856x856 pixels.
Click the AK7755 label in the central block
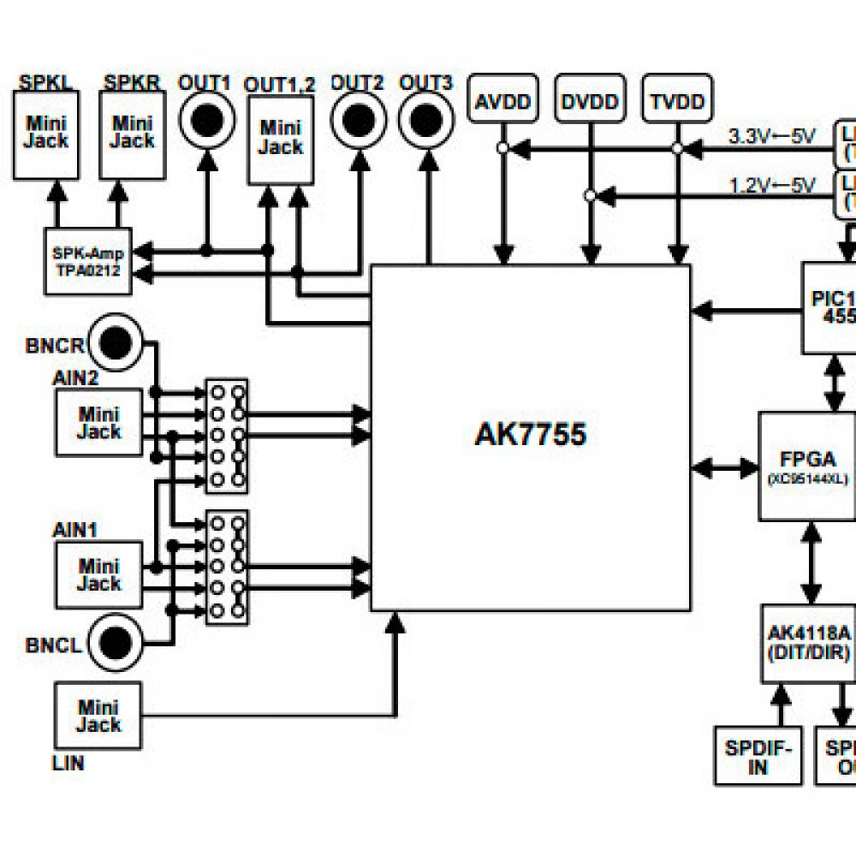530,435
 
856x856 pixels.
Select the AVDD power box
504,102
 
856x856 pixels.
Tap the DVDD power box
590,102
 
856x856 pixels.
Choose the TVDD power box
677,102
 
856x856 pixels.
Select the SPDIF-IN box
758,756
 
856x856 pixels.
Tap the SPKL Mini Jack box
45,134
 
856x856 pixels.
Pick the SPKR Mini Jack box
133,134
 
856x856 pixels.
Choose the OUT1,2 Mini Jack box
280,140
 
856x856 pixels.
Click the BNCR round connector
117,343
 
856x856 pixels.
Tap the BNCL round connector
116,641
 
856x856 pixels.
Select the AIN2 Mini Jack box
98,422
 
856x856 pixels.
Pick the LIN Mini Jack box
98,716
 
